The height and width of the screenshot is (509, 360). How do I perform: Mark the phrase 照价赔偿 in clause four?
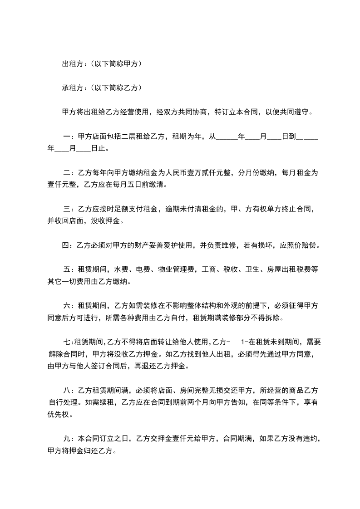click(x=302, y=245)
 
